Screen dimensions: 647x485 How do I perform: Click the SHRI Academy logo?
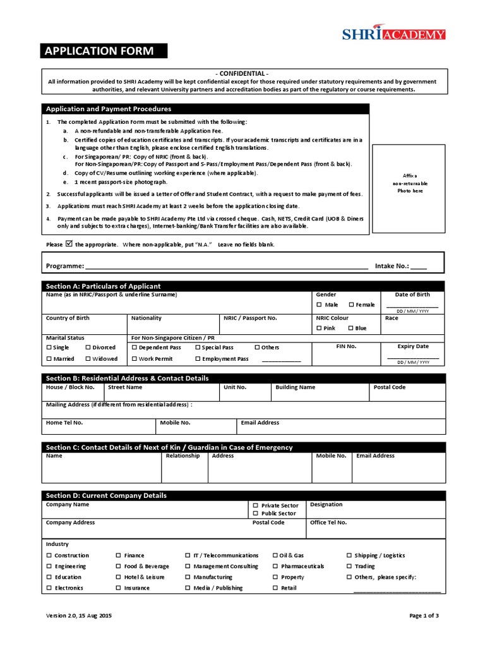393,34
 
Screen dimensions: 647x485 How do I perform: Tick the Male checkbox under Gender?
320,305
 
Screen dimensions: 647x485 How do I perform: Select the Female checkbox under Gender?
351,305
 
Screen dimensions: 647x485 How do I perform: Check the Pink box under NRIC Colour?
320,328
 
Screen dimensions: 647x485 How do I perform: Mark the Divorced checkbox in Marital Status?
88,348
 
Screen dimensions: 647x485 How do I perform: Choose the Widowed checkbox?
88,359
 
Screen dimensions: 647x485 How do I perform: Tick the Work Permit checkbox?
134,359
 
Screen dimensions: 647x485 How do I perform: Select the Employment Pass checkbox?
197,359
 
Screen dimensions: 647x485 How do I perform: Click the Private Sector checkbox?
255,505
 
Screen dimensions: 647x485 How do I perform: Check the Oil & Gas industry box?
275,555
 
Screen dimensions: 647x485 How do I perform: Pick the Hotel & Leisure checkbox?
119,577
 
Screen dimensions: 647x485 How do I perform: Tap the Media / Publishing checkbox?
188,588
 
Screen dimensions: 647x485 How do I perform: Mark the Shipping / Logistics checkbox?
349,555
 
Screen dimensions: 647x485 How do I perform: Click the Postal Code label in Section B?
390,387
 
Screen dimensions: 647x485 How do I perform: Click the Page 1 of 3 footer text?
424,615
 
